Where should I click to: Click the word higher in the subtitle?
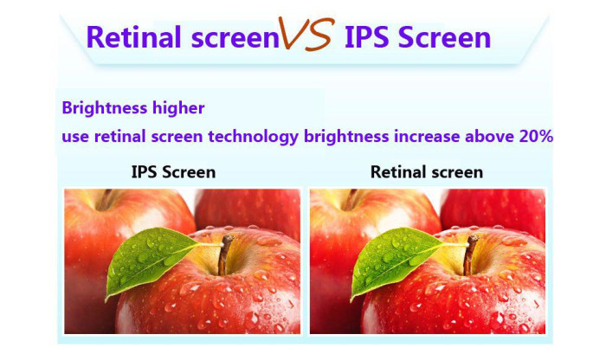pyautogui.click(x=179, y=108)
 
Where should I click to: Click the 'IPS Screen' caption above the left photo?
pyautogui.click(x=173, y=172)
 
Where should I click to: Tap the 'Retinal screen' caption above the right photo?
pyautogui.click(x=427, y=172)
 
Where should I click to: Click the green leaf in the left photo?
pyautogui.click(x=151, y=257)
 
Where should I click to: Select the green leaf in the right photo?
pyautogui.click(x=397, y=257)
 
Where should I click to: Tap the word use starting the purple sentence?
pyautogui.click(x=74, y=137)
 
